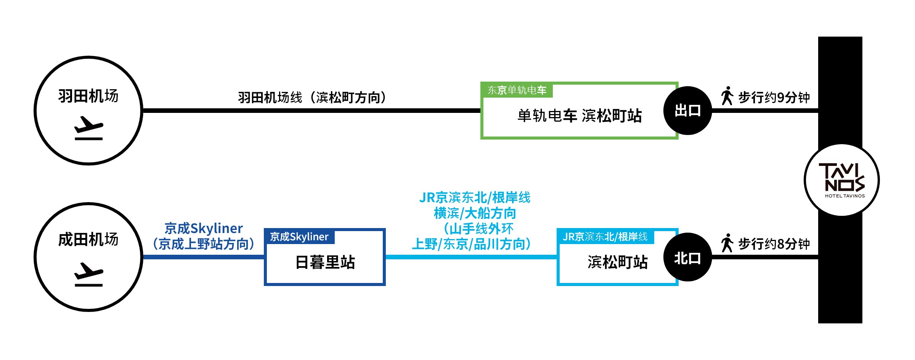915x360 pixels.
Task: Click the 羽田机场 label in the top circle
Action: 88,96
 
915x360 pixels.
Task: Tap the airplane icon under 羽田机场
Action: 88,129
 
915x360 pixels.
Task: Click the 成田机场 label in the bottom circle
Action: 88,240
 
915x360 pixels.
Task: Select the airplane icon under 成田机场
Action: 88,275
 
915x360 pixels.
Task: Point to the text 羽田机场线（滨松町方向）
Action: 312,98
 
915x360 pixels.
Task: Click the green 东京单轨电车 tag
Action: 517,90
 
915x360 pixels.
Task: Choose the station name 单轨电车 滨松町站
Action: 579,116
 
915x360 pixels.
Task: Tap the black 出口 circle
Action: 687,111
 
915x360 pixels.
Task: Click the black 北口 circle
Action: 687,258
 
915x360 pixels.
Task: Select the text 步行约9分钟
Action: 774,98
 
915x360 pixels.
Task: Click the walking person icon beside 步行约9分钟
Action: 727,96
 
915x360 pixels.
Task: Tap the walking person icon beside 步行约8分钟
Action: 727,243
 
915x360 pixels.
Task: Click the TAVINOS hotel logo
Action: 842,180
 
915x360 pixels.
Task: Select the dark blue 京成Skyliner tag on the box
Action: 299,237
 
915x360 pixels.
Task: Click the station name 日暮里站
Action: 325,262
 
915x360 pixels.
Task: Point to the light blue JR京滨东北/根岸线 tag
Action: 605,237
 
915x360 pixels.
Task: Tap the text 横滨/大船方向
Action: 475,213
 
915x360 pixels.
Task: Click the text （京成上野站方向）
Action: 204,244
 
